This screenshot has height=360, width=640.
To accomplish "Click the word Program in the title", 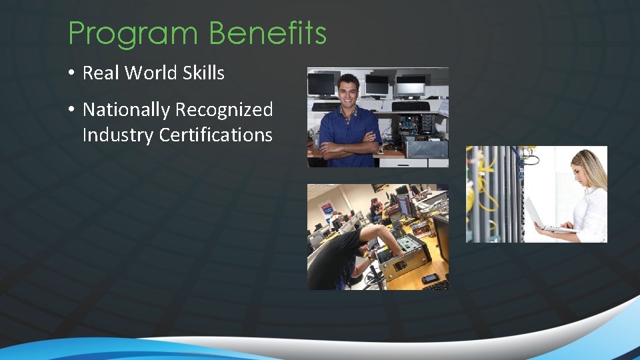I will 133,33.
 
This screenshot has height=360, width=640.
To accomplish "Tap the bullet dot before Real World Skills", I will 71,73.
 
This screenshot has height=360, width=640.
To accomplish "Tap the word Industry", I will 117,135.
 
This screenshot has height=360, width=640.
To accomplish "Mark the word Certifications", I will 216,135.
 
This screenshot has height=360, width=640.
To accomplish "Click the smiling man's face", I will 347,91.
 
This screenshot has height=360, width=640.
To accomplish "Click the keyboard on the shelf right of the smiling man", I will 410,106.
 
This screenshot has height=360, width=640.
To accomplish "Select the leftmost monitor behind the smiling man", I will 321,85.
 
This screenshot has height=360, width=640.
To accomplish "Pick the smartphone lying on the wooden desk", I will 430,278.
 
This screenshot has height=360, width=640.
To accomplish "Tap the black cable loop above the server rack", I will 530,158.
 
